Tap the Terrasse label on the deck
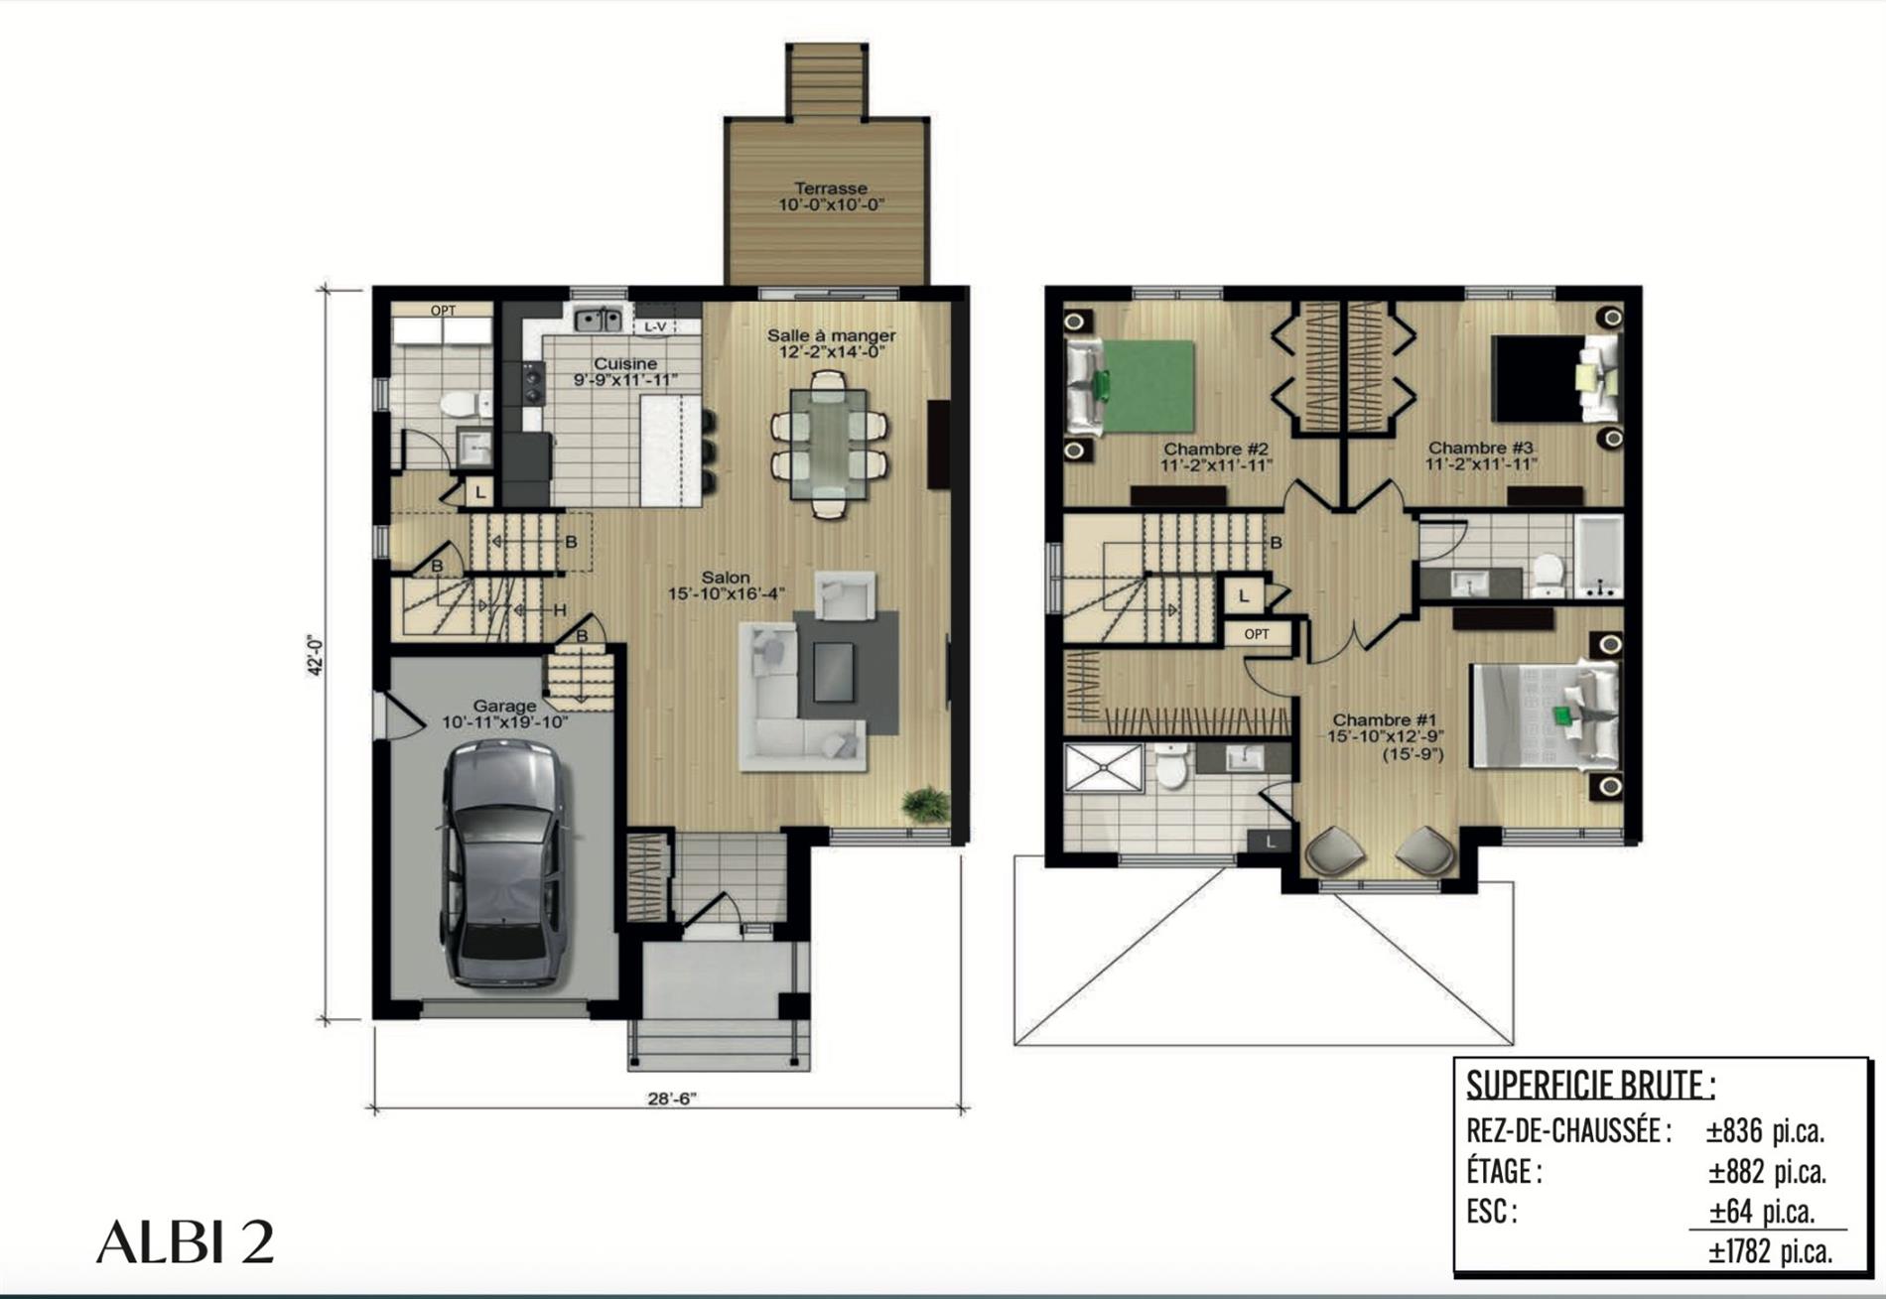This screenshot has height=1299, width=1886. pyautogui.click(x=831, y=188)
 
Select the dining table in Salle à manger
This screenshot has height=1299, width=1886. pyautogui.click(x=829, y=444)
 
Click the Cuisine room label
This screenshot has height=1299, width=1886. pyautogui.click(x=625, y=363)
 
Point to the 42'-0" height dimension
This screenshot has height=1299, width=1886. pyautogui.click(x=316, y=655)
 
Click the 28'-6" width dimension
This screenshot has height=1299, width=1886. pyautogui.click(x=673, y=1098)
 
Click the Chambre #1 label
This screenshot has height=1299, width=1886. pyautogui.click(x=1385, y=719)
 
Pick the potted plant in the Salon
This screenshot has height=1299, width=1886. pyautogui.click(x=926, y=802)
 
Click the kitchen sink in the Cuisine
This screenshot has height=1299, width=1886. pyautogui.click(x=600, y=320)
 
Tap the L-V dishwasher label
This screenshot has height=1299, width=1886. pyautogui.click(x=655, y=325)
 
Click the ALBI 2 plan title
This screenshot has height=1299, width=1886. pyautogui.click(x=185, y=1241)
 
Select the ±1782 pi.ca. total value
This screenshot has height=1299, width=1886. pyautogui.click(x=1770, y=1251)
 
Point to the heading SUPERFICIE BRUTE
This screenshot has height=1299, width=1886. pyautogui.click(x=1589, y=1085)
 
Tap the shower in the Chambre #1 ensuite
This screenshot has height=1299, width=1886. pyautogui.click(x=1104, y=767)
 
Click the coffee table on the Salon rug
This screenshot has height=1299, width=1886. pyautogui.click(x=833, y=672)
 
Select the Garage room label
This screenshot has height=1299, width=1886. pyautogui.click(x=504, y=706)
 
